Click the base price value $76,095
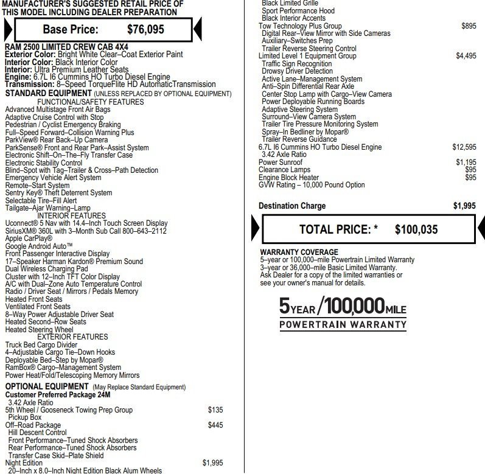point(145,29)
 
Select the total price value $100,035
point(416,229)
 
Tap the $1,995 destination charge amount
point(464,206)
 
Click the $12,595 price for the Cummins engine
point(464,147)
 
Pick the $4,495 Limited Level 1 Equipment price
point(466,56)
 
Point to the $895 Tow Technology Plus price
point(469,26)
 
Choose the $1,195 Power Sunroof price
point(466,162)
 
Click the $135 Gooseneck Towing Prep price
point(215,410)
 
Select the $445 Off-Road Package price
point(215,425)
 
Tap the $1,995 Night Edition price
point(213,463)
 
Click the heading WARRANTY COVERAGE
point(299,252)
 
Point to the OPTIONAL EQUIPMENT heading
point(47,386)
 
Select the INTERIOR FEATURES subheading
point(71,215)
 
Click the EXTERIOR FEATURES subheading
point(72,336)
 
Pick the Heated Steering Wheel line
point(39,329)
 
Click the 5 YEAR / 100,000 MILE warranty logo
point(343,312)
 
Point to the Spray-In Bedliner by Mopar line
point(305,131)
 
